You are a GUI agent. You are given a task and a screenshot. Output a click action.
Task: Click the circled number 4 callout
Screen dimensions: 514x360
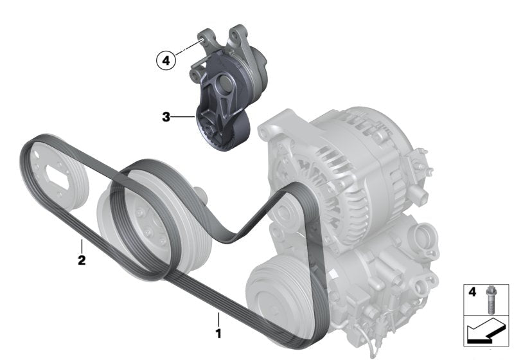click(x=166, y=60)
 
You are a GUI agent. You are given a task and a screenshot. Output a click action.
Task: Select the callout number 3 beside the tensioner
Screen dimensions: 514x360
click(x=166, y=117)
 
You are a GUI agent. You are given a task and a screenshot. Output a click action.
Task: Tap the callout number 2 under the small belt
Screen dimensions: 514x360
click(x=82, y=260)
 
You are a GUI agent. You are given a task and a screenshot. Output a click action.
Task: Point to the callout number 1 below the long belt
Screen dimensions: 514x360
click(x=218, y=334)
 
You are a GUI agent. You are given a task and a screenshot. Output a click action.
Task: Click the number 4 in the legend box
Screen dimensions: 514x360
click(x=472, y=291)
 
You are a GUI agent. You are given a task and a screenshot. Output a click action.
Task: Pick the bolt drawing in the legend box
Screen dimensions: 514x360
click(x=490, y=300)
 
